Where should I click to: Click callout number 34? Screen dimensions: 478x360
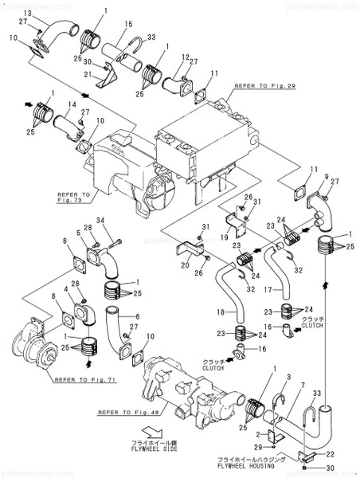point(100,220)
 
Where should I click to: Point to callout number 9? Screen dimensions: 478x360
point(326,176)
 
